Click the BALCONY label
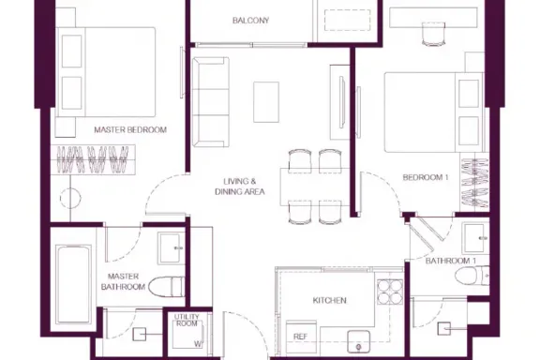[x=250, y=21]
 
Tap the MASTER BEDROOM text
[x=130, y=130]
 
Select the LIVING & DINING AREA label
[x=240, y=187]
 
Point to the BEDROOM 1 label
[x=426, y=177]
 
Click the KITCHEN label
[x=330, y=300]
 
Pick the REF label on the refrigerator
[x=300, y=337]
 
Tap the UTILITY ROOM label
[x=187, y=320]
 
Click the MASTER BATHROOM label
[x=123, y=281]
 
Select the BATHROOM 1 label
[x=450, y=261]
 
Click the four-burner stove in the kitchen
[x=390, y=292]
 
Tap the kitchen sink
[x=358, y=341]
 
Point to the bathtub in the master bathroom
[x=73, y=284]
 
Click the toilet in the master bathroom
[x=166, y=286]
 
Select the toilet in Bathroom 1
[x=472, y=276]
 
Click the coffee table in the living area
[x=266, y=102]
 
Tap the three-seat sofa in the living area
[x=210, y=102]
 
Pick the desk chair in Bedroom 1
[x=433, y=34]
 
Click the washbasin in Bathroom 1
[x=475, y=238]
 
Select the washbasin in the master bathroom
[x=171, y=248]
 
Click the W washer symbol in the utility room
[x=198, y=344]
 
